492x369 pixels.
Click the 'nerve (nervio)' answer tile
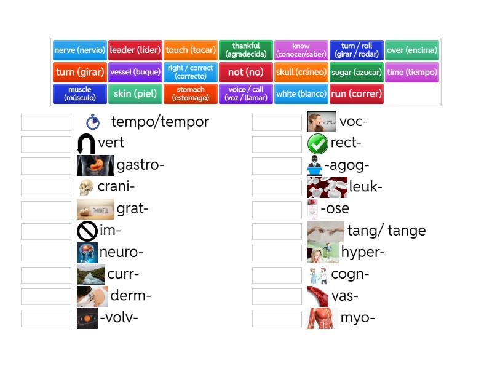click(x=80, y=50)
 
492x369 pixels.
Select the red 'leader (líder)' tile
click(x=135, y=50)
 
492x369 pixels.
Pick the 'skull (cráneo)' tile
click(x=301, y=72)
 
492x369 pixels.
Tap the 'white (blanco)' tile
click(x=301, y=94)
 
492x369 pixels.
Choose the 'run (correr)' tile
click(x=356, y=94)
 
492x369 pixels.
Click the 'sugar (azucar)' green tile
click(x=357, y=72)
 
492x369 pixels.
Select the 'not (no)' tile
click(x=245, y=72)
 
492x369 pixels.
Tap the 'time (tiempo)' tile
click(x=412, y=72)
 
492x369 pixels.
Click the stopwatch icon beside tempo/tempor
click(x=93, y=122)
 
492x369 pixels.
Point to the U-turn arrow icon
click(x=86, y=144)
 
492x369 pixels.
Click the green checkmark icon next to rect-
click(x=317, y=144)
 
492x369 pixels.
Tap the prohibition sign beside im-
click(x=87, y=231)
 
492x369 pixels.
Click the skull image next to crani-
click(x=86, y=188)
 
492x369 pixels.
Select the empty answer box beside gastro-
click(x=46, y=166)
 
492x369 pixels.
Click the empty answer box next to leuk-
click(x=277, y=188)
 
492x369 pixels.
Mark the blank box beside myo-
click(x=277, y=319)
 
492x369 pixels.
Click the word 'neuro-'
click(x=121, y=252)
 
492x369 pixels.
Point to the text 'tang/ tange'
click(x=386, y=231)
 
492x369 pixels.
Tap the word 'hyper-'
click(x=363, y=252)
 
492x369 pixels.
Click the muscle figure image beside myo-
click(x=322, y=319)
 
